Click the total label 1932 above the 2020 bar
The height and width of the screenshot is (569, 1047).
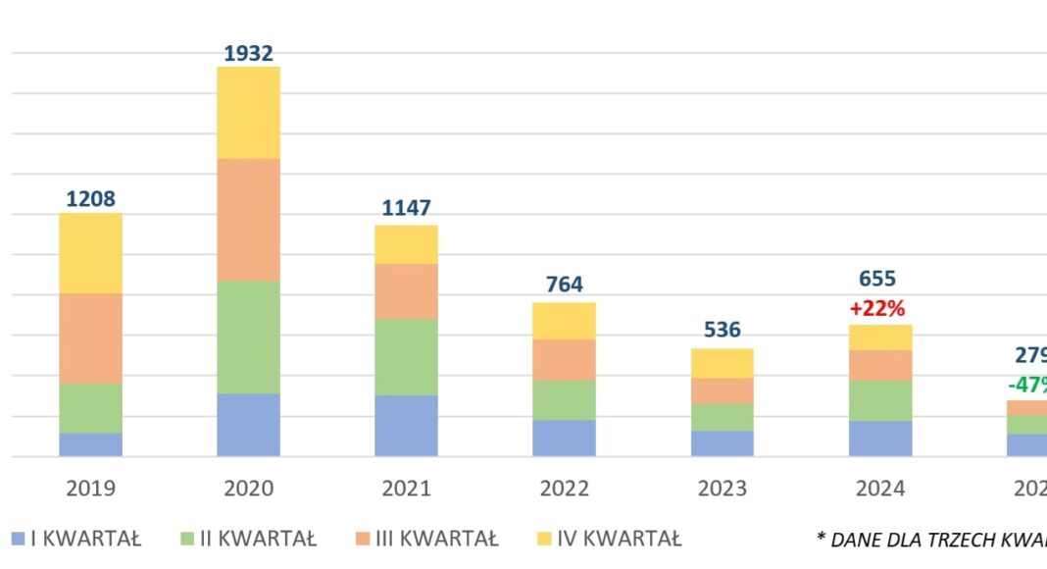(248, 53)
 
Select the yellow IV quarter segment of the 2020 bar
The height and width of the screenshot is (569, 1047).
(248, 112)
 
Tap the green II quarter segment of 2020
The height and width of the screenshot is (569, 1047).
(248, 336)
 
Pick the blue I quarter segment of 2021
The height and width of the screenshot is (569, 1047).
(406, 425)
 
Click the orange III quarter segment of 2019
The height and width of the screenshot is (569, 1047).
(90, 337)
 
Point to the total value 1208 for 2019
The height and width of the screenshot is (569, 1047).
(90, 199)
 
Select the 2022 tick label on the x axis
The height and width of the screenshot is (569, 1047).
(564, 488)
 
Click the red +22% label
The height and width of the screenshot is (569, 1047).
(877, 308)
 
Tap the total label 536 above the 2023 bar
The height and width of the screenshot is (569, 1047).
(723, 330)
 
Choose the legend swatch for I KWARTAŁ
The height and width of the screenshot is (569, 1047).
(18, 538)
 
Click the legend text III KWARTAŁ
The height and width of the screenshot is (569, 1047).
(440, 539)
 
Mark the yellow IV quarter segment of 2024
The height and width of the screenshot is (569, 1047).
(880, 336)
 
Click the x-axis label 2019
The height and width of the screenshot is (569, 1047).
(90, 488)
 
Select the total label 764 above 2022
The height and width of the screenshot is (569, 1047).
(564, 284)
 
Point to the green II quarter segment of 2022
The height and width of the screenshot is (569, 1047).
(564, 399)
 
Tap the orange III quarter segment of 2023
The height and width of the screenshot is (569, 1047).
(723, 390)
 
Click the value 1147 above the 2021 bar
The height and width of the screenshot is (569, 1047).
(406, 208)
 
